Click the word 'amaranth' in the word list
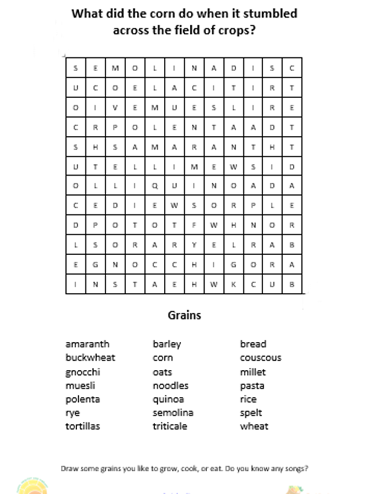click(87, 344)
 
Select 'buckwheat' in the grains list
click(90, 358)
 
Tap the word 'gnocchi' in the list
click(83, 372)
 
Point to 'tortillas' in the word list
click(83, 426)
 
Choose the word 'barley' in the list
click(167, 344)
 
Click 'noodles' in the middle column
click(171, 386)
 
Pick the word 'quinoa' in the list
click(168, 400)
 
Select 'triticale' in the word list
click(170, 426)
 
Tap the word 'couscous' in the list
click(260, 358)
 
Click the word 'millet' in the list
click(253, 372)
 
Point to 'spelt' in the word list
click(251, 413)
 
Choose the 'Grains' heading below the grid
click(185, 316)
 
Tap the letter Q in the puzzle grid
click(155, 186)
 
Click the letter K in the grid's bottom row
click(233, 284)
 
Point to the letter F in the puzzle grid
click(194, 225)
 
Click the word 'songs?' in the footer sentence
click(296, 468)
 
